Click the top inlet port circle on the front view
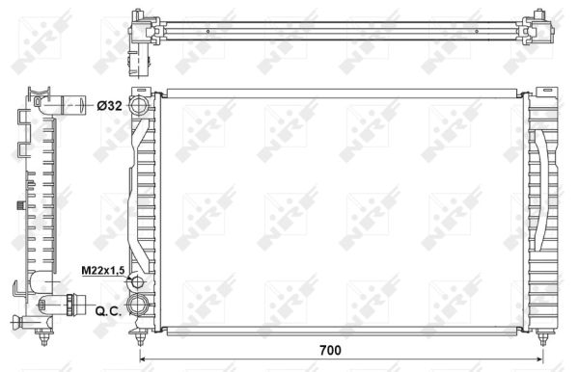[141, 104]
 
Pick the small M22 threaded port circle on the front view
[137, 283]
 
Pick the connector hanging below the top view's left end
[139, 63]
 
